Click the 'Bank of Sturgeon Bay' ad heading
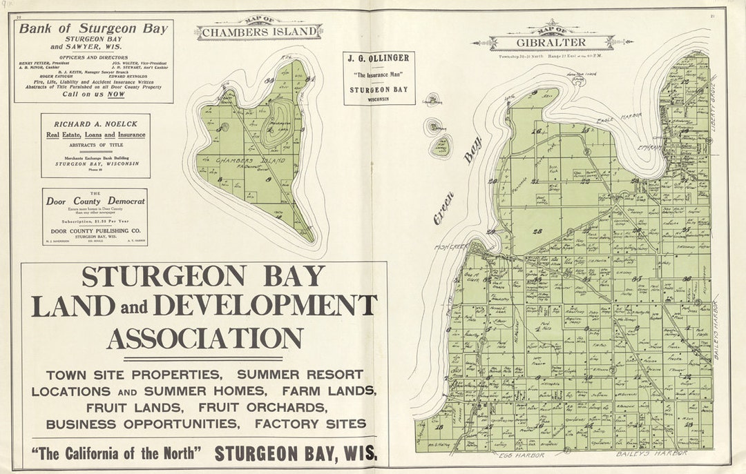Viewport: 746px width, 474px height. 93,29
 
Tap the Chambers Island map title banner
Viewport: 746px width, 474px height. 259,32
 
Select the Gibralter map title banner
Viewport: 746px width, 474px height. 551,42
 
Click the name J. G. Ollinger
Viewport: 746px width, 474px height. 379,57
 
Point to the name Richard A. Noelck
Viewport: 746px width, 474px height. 95,124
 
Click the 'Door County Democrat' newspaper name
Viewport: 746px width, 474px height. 95,201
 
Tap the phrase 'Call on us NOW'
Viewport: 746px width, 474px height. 93,95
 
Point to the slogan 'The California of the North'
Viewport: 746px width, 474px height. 116,453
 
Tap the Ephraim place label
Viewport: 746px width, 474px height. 651,147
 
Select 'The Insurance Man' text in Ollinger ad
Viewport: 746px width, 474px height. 379,74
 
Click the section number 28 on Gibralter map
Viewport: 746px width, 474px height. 537,230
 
